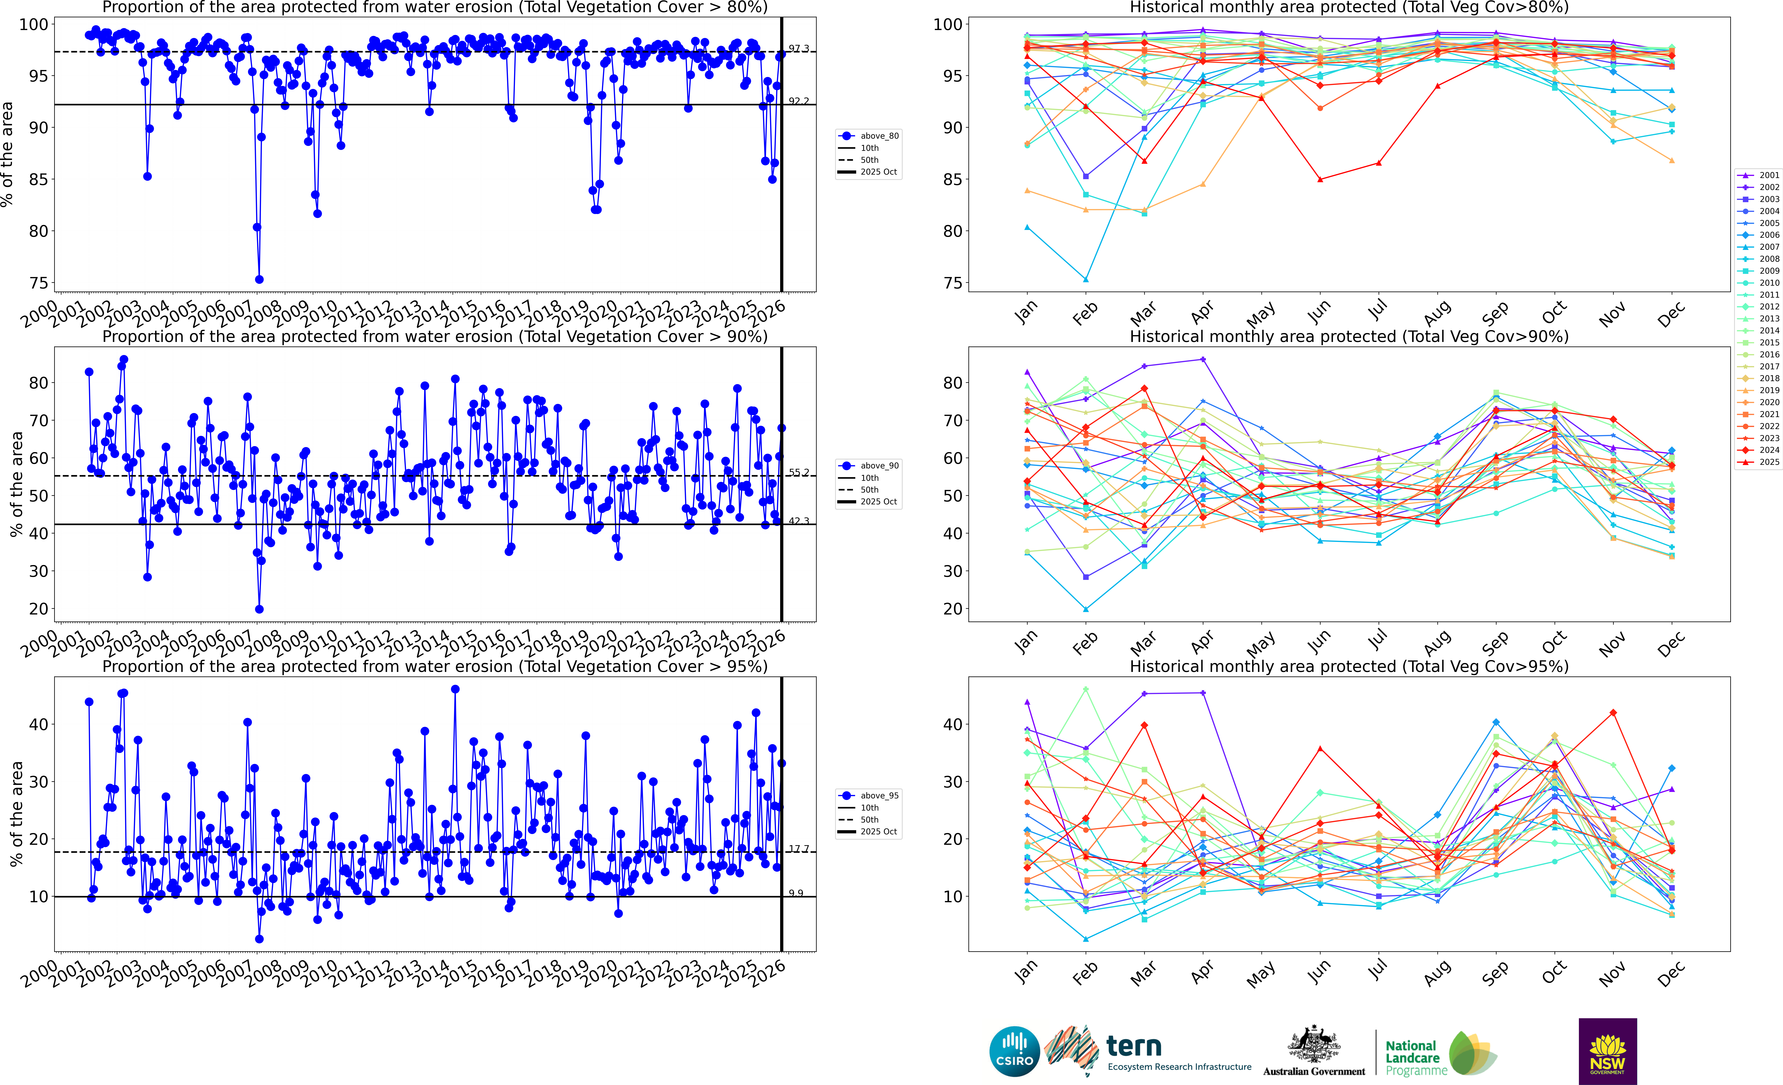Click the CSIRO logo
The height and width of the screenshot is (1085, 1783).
pos(1014,1051)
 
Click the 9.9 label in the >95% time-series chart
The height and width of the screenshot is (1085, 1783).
pos(796,893)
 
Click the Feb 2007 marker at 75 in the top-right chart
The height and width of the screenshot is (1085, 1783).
pos(1085,279)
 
